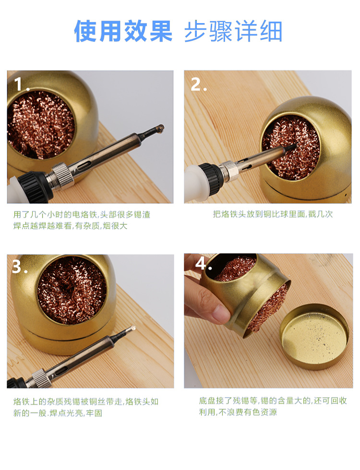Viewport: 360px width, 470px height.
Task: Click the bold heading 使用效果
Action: [x=123, y=31]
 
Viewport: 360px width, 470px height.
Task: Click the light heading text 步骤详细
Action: [x=233, y=31]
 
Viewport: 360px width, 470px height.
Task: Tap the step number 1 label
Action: [x=22, y=84]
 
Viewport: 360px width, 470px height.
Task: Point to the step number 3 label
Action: [x=20, y=267]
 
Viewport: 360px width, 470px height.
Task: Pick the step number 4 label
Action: [x=204, y=264]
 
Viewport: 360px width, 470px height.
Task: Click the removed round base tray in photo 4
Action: [x=314, y=337]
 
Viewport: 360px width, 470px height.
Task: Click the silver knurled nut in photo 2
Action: [x=229, y=171]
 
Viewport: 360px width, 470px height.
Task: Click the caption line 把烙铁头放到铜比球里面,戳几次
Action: [x=273, y=214]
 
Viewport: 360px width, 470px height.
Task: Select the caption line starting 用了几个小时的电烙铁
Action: [x=82, y=214]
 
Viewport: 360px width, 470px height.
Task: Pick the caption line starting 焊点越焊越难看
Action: [x=70, y=226]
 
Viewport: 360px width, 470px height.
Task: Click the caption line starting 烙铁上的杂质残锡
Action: [x=86, y=401]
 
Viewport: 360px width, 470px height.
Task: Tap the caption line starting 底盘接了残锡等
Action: [x=273, y=400]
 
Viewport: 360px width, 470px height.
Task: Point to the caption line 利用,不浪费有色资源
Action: [x=238, y=412]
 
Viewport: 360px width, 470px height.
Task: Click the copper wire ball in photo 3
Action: [x=72, y=291]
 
